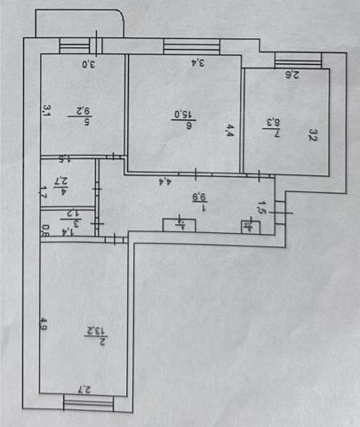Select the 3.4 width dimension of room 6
point(199,62)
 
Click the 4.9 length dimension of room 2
point(44,325)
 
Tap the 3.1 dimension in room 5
point(46,111)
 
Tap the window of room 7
point(289,60)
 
